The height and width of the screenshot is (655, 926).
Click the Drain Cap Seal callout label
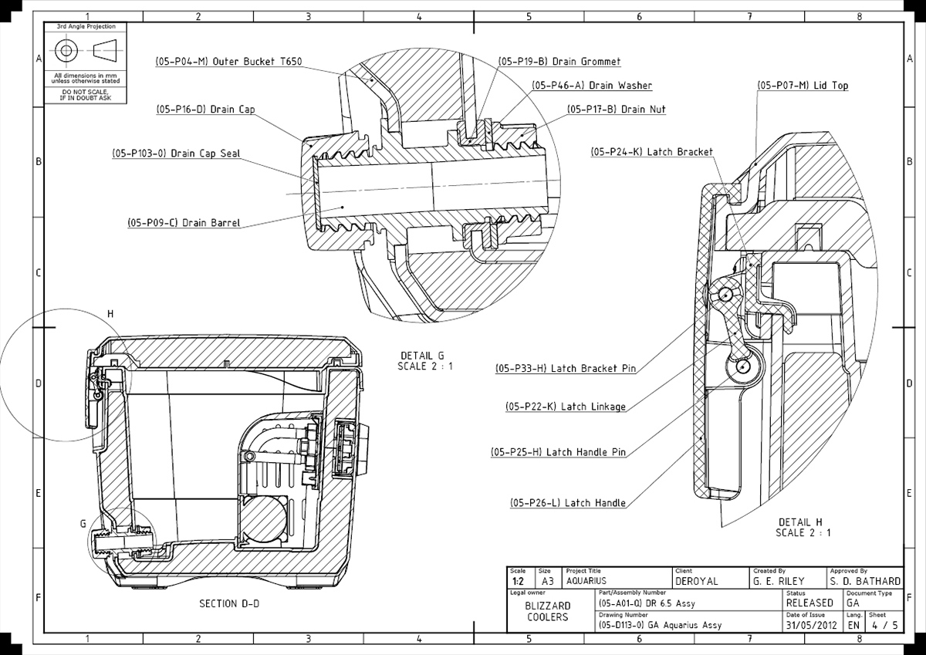(176, 154)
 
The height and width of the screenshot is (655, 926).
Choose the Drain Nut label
(616, 110)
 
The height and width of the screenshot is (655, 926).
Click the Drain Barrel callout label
(184, 223)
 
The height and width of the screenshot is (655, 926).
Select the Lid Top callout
(802, 86)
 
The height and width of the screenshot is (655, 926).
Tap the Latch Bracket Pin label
(566, 369)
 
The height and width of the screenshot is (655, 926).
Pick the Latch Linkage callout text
(565, 407)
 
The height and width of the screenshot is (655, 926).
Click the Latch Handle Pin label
(558, 452)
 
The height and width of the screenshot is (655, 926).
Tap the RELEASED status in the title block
(809, 603)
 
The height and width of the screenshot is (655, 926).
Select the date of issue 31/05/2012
(811, 625)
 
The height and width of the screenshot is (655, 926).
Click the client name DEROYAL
(697, 581)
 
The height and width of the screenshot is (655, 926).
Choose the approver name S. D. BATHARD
(865, 581)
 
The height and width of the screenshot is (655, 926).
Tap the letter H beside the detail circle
(110, 314)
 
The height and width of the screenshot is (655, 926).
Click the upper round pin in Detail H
(725, 293)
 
